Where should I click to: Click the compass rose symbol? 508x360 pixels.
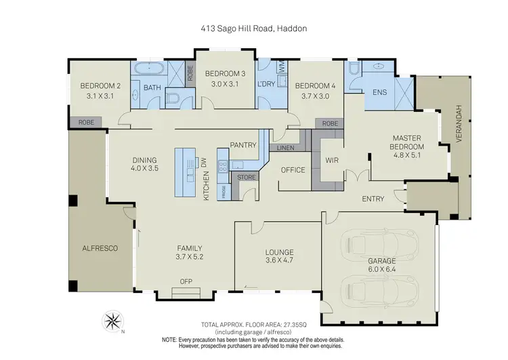click(112, 320)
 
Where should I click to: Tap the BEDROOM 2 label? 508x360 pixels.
click(100, 85)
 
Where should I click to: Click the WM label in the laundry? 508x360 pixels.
click(282, 67)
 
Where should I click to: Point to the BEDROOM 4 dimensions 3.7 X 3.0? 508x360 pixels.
click(314, 96)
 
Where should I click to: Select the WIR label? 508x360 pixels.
click(331, 161)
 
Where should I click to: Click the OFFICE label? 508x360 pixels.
click(293, 169)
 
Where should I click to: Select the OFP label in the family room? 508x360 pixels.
click(185, 281)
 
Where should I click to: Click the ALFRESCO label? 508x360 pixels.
click(100, 248)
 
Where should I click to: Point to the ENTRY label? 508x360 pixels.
click(373, 199)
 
